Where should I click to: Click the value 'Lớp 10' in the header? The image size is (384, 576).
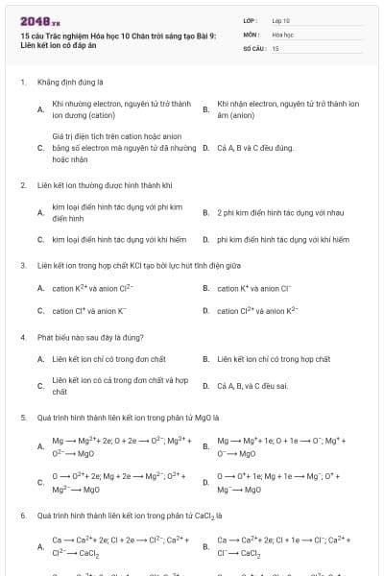[x=280, y=19]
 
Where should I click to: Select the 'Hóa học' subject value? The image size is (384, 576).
[x=281, y=34]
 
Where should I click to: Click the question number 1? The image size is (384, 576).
[x=22, y=83]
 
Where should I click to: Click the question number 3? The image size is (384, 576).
[x=22, y=264]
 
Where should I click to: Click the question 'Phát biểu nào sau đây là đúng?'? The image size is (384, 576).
[x=90, y=337]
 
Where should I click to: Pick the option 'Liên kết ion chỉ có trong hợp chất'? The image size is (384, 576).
[x=273, y=359]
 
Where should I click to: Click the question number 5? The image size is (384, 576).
[x=22, y=418]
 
